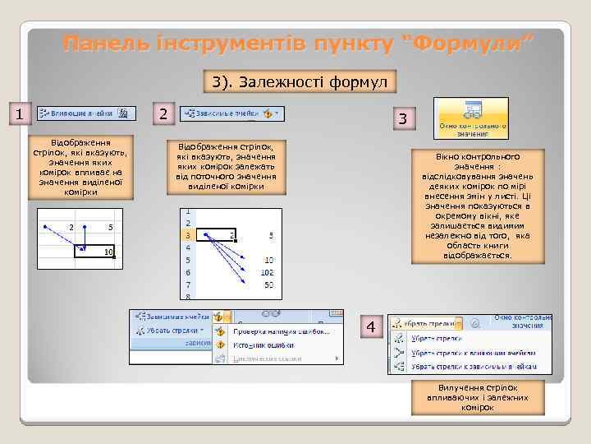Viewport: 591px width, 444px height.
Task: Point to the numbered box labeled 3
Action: click(402, 119)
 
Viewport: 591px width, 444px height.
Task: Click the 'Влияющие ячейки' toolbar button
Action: click(82, 113)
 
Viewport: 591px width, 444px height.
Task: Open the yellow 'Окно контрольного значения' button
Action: click(471, 117)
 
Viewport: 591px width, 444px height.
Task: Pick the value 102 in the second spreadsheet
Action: click(267, 271)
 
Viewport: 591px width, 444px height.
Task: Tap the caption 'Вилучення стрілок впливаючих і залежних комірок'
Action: click(471, 397)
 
